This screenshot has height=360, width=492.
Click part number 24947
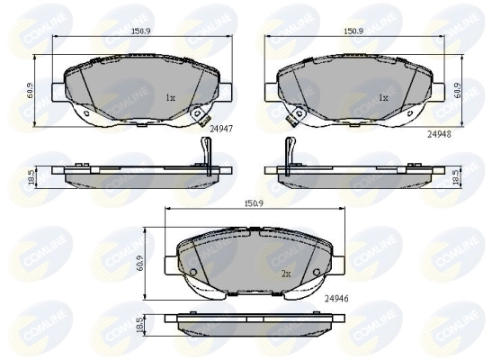point(221,129)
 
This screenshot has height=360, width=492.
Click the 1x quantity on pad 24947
point(171,96)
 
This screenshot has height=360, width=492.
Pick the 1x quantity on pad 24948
point(382,96)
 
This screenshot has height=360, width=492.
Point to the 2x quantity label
point(287,273)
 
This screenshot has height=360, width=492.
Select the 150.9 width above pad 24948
point(353,31)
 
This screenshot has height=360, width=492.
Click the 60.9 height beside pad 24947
point(31,91)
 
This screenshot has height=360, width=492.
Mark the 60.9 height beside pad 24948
point(458,91)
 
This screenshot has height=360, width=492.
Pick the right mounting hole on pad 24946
point(317,273)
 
